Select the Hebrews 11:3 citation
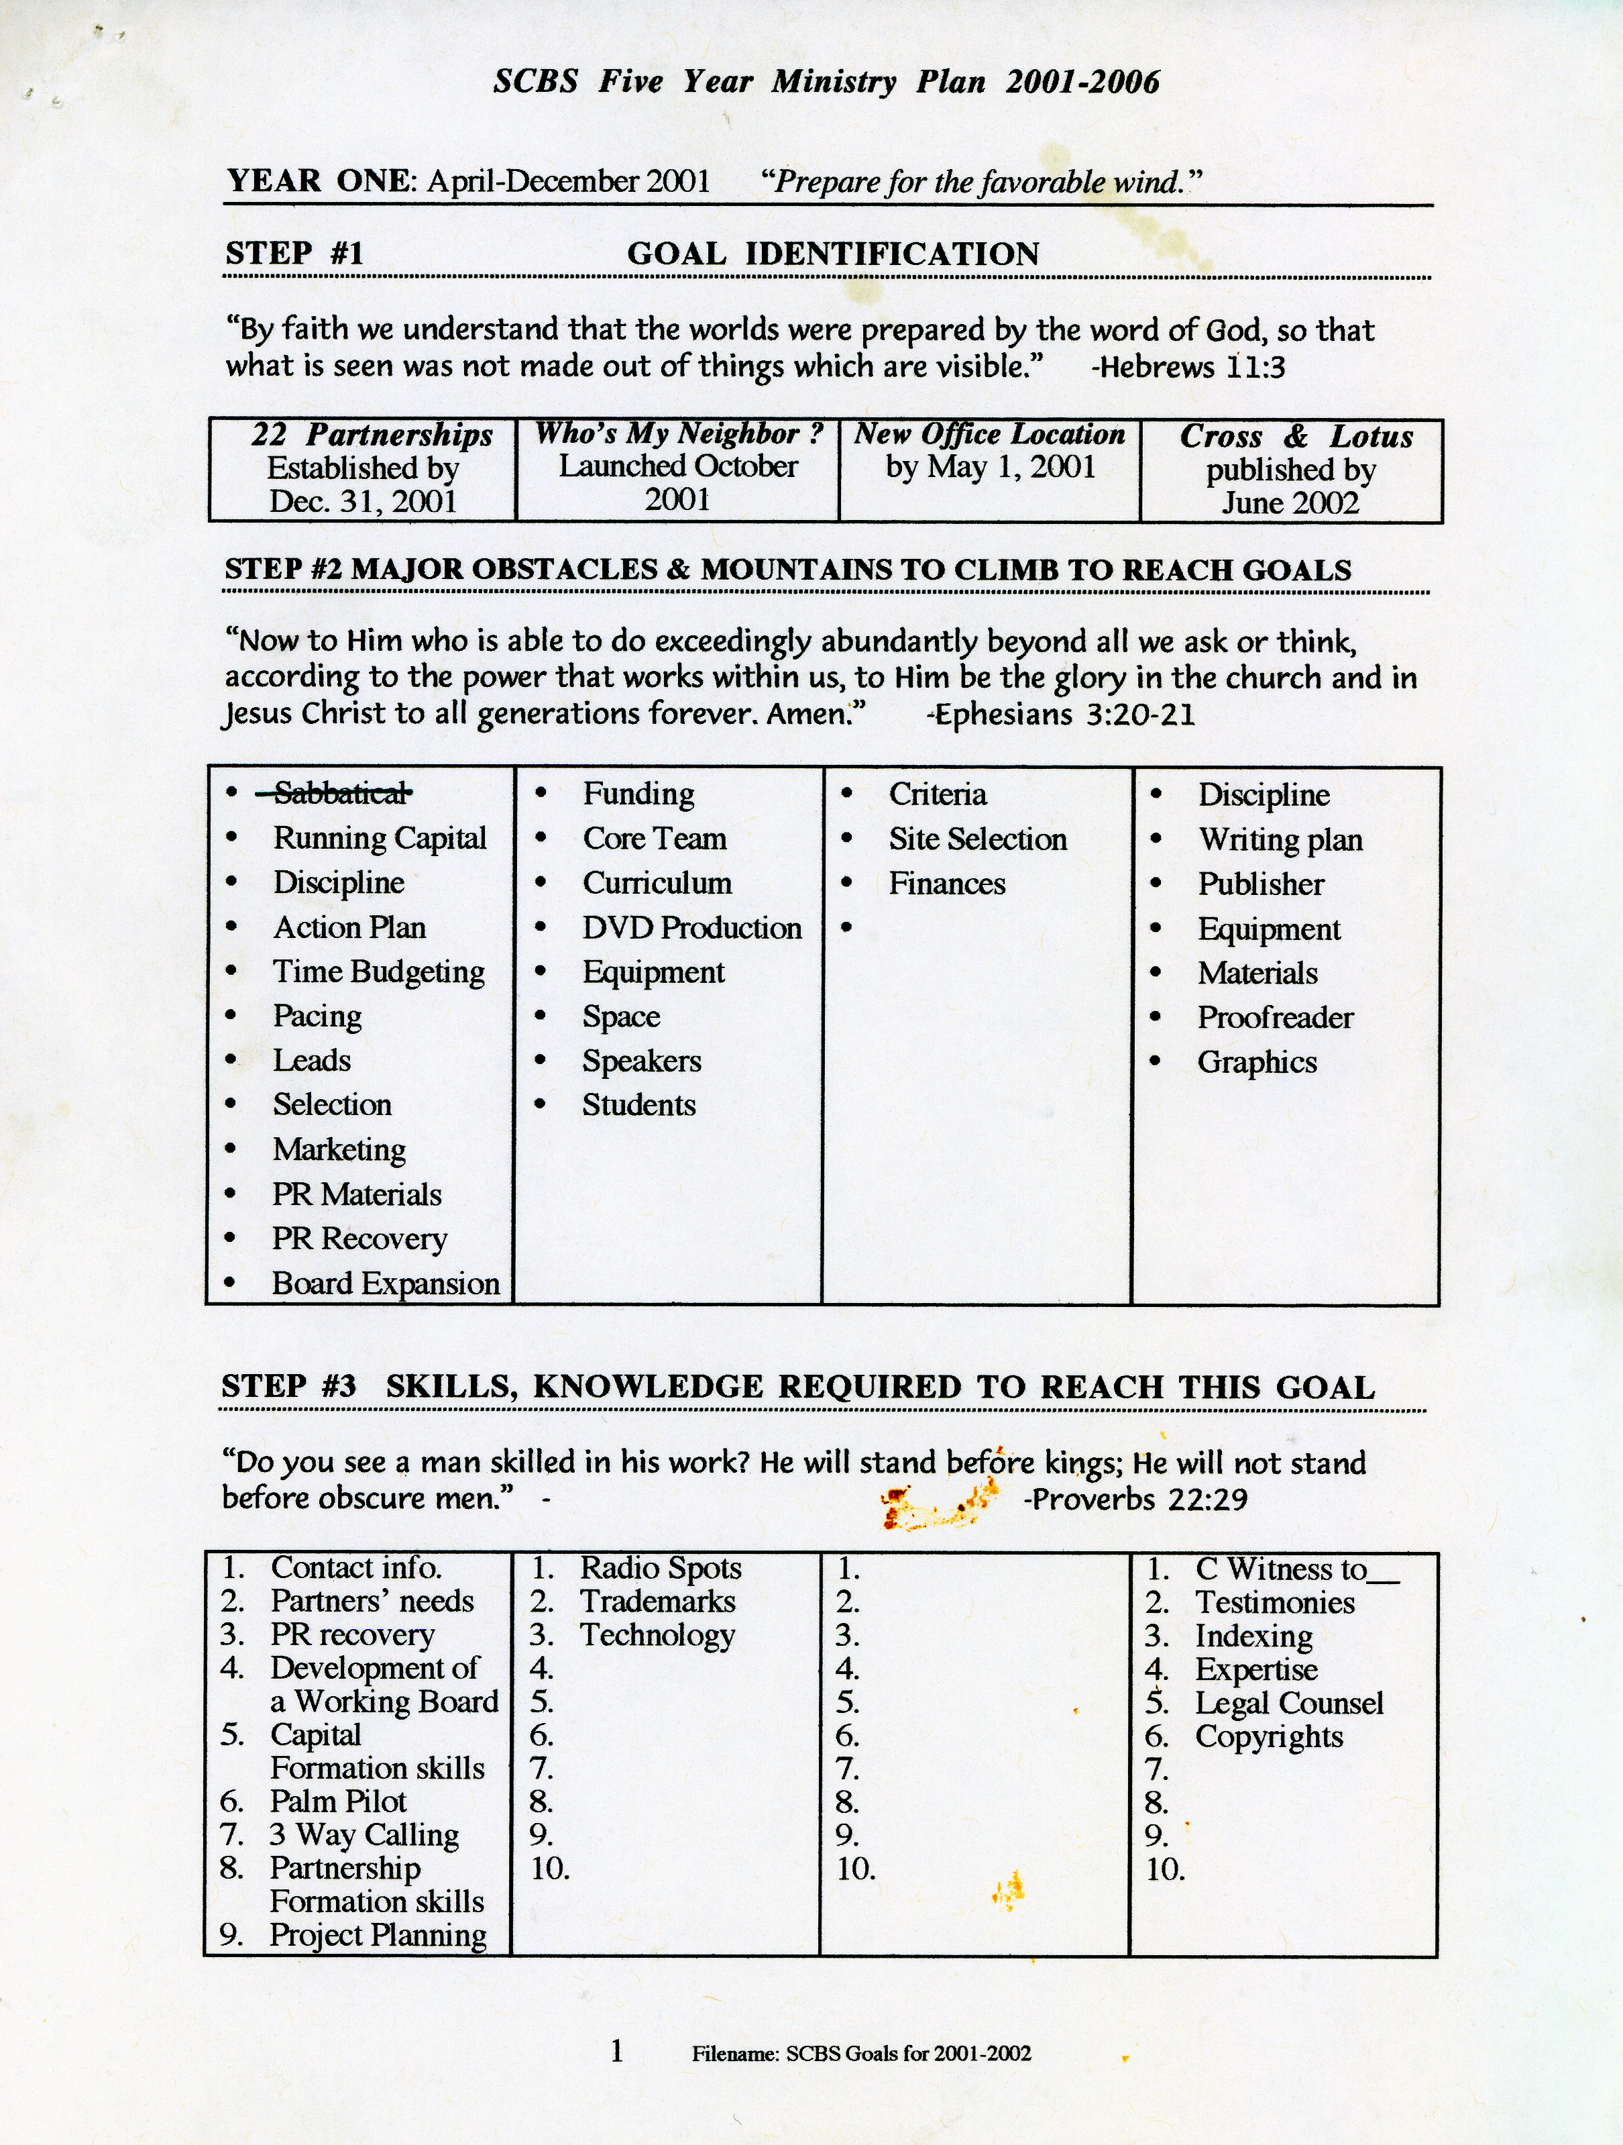(1188, 368)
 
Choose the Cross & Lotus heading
(1295, 436)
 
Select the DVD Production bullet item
(691, 928)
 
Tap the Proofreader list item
(1275, 1018)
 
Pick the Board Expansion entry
(385, 1284)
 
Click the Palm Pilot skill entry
(339, 1801)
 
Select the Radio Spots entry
(660, 1568)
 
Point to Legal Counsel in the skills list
(1288, 1703)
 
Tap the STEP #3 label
(289, 1387)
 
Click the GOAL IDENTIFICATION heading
(833, 254)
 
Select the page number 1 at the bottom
(616, 2051)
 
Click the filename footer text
(861, 2054)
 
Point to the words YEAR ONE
(321, 181)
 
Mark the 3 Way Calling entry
(363, 1835)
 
